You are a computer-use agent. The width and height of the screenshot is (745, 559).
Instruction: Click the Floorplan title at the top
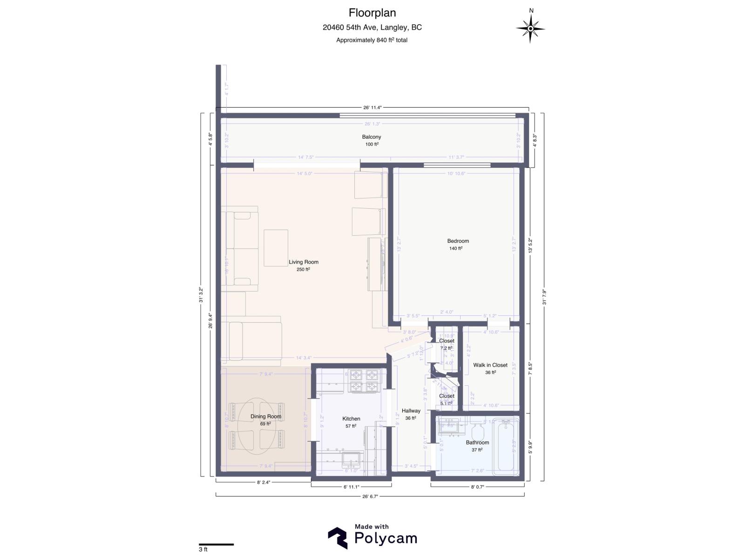pyautogui.click(x=372, y=13)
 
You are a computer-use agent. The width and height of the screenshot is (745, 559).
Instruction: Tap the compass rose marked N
pyautogui.click(x=530, y=28)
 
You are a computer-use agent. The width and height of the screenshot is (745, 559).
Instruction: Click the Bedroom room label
pyautogui.click(x=458, y=241)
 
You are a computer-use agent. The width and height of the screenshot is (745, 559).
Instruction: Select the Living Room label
pyautogui.click(x=303, y=262)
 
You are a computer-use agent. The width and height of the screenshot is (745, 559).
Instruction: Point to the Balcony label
pyautogui.click(x=371, y=137)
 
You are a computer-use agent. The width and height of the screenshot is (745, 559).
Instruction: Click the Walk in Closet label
pyautogui.click(x=490, y=365)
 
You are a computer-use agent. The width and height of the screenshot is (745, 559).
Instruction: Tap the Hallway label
pyautogui.click(x=411, y=411)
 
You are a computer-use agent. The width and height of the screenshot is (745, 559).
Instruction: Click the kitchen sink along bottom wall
pyautogui.click(x=352, y=460)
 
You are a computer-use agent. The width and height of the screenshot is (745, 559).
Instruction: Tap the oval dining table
pyautogui.click(x=257, y=426)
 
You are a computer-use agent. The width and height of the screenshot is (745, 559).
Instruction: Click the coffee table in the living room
pyautogui.click(x=276, y=247)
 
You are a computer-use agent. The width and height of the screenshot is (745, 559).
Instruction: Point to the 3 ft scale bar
pyautogui.click(x=216, y=544)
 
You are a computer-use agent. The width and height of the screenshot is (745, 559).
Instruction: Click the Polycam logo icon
pyautogui.click(x=338, y=538)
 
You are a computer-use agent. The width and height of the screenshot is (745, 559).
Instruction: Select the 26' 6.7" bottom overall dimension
pyautogui.click(x=371, y=497)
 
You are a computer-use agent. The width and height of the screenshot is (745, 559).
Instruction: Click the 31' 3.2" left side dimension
pyautogui.click(x=201, y=294)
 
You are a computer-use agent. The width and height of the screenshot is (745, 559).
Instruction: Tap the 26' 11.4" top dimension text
pyautogui.click(x=372, y=108)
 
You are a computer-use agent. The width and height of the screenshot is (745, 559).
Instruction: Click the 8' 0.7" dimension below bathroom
pyautogui.click(x=477, y=487)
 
